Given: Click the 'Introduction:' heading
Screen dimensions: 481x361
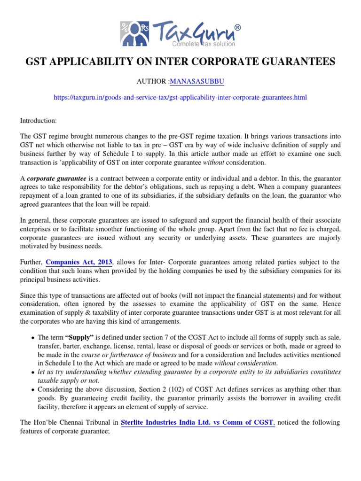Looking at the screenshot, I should click(x=38, y=121).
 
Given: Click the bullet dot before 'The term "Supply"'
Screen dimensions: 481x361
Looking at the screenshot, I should click(x=32, y=338).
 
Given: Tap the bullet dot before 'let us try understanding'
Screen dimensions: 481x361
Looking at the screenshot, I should click(x=32, y=372).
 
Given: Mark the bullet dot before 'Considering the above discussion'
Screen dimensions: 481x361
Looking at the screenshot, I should click(x=32, y=389).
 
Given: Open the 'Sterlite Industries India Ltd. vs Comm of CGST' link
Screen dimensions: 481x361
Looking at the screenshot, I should click(x=197, y=422).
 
